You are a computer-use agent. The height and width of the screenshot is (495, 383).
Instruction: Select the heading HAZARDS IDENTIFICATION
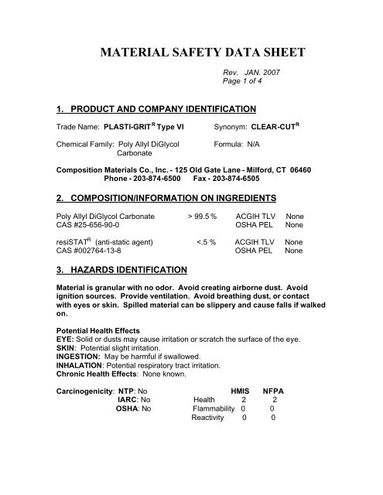121,269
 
